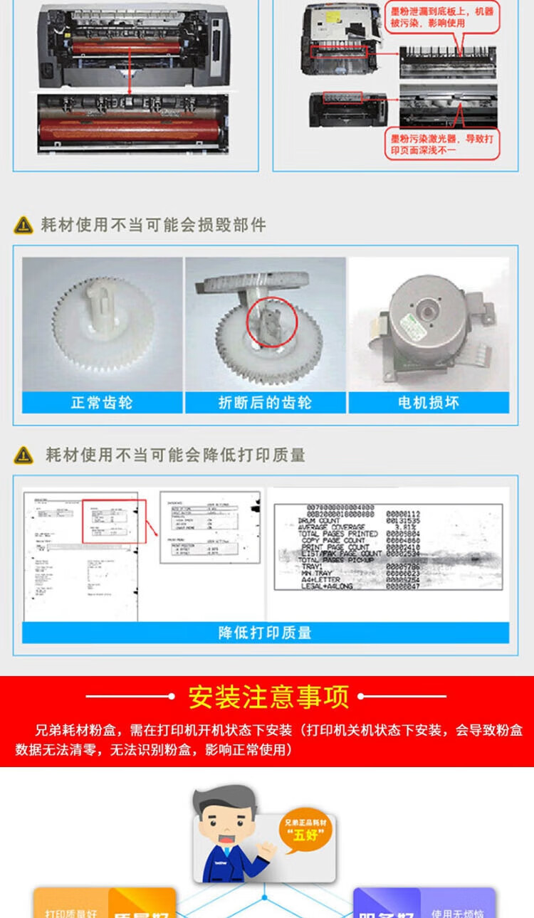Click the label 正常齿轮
[x=102, y=403]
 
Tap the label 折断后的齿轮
[x=265, y=403]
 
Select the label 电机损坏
[x=429, y=403]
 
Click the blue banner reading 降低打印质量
[x=265, y=632]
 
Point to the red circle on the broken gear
[x=271, y=322]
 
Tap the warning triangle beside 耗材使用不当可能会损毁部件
[x=23, y=226]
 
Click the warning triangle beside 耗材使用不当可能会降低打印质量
[x=23, y=455]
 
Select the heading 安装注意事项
[x=268, y=697]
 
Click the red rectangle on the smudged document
[x=114, y=521]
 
